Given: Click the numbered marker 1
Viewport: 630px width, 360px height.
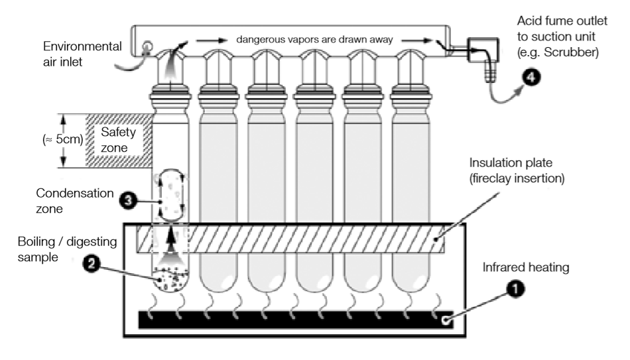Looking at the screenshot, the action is coord(515,288).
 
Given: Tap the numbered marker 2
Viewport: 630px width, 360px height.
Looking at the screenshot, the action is coord(92,264).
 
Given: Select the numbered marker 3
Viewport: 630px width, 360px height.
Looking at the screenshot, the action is coord(128,200).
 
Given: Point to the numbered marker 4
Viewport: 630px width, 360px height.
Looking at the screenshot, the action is coord(532,77).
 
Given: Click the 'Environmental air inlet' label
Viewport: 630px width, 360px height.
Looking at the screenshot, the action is coord(82,54).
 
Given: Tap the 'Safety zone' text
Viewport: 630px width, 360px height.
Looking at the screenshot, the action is coord(119,139).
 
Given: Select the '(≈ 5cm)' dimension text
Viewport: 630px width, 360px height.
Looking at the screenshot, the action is coord(63,139).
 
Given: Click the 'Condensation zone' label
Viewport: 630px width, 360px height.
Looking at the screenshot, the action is coord(75,200).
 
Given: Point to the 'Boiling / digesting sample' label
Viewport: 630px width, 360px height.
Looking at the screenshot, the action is coord(67,249).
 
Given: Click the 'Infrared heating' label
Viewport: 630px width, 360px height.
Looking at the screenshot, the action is coord(526,267).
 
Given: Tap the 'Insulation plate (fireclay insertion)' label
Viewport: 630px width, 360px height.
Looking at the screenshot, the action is coord(517,170).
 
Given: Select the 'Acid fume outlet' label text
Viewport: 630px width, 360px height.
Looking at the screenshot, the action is coord(562,21).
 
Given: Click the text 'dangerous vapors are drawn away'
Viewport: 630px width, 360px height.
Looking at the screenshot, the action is coord(314,39).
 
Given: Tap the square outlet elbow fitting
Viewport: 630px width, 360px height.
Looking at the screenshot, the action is coord(483,50).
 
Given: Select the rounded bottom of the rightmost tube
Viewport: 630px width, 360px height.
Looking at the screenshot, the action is coord(411,282).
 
